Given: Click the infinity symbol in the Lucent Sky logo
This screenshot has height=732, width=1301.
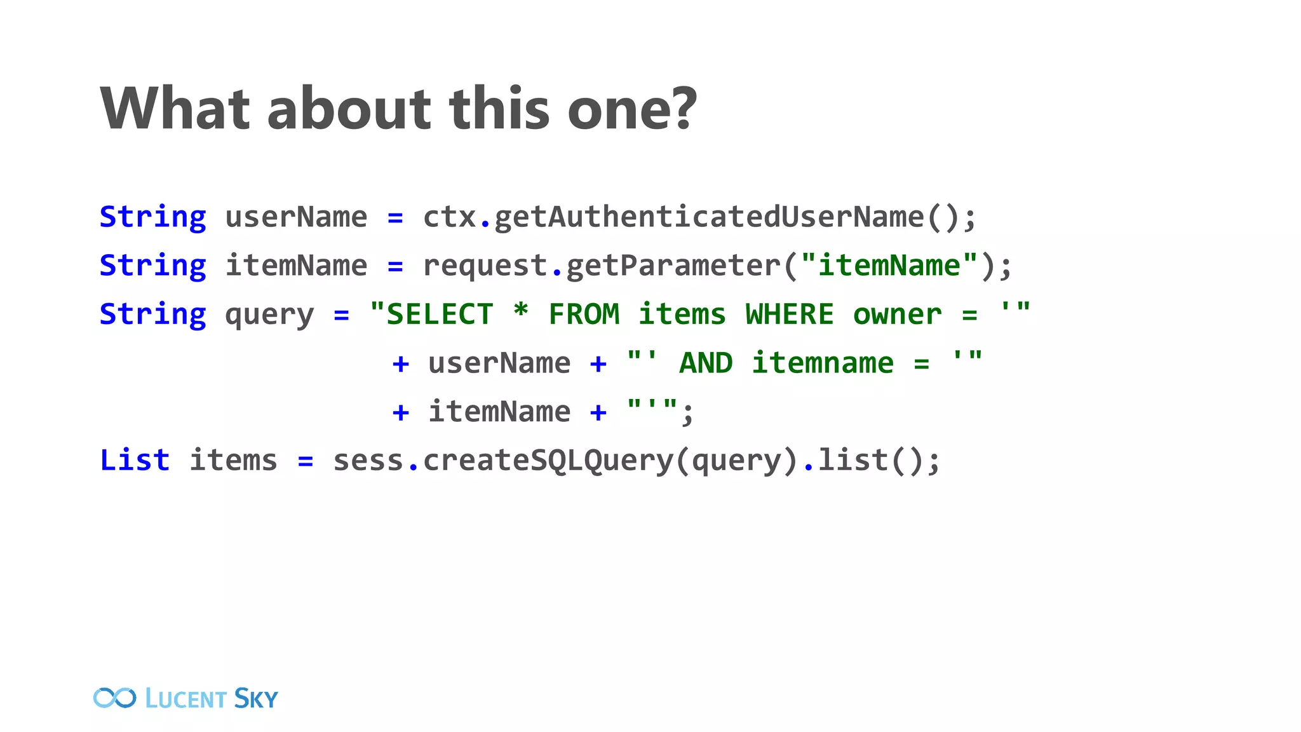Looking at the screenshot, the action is coord(114,698).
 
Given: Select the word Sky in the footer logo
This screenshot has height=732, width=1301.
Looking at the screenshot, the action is coord(255,698).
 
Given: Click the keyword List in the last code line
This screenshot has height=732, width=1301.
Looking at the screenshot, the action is coord(135,460).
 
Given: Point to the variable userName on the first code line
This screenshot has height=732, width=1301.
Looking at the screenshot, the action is coord(296,217).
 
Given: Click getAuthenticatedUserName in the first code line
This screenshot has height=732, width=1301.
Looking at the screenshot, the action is coord(708,217).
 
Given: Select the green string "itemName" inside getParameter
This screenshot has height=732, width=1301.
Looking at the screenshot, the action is coord(889,266).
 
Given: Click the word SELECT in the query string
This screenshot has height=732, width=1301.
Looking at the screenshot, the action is coord(440,315).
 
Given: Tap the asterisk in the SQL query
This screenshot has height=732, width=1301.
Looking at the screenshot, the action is coord(521,312).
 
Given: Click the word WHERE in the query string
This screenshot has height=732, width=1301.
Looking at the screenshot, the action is coord(789,315).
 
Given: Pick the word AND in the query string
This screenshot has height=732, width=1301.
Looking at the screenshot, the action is coord(706,363).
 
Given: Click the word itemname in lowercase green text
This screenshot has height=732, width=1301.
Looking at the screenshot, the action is coord(823,363).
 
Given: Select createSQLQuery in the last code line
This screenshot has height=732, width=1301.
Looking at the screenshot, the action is coord(548,460).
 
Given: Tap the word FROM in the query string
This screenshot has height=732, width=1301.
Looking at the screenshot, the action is coord(584,315).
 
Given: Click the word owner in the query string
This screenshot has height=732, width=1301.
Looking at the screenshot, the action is coord(897,315).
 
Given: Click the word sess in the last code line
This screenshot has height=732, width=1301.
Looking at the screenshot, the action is coord(368,460).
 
